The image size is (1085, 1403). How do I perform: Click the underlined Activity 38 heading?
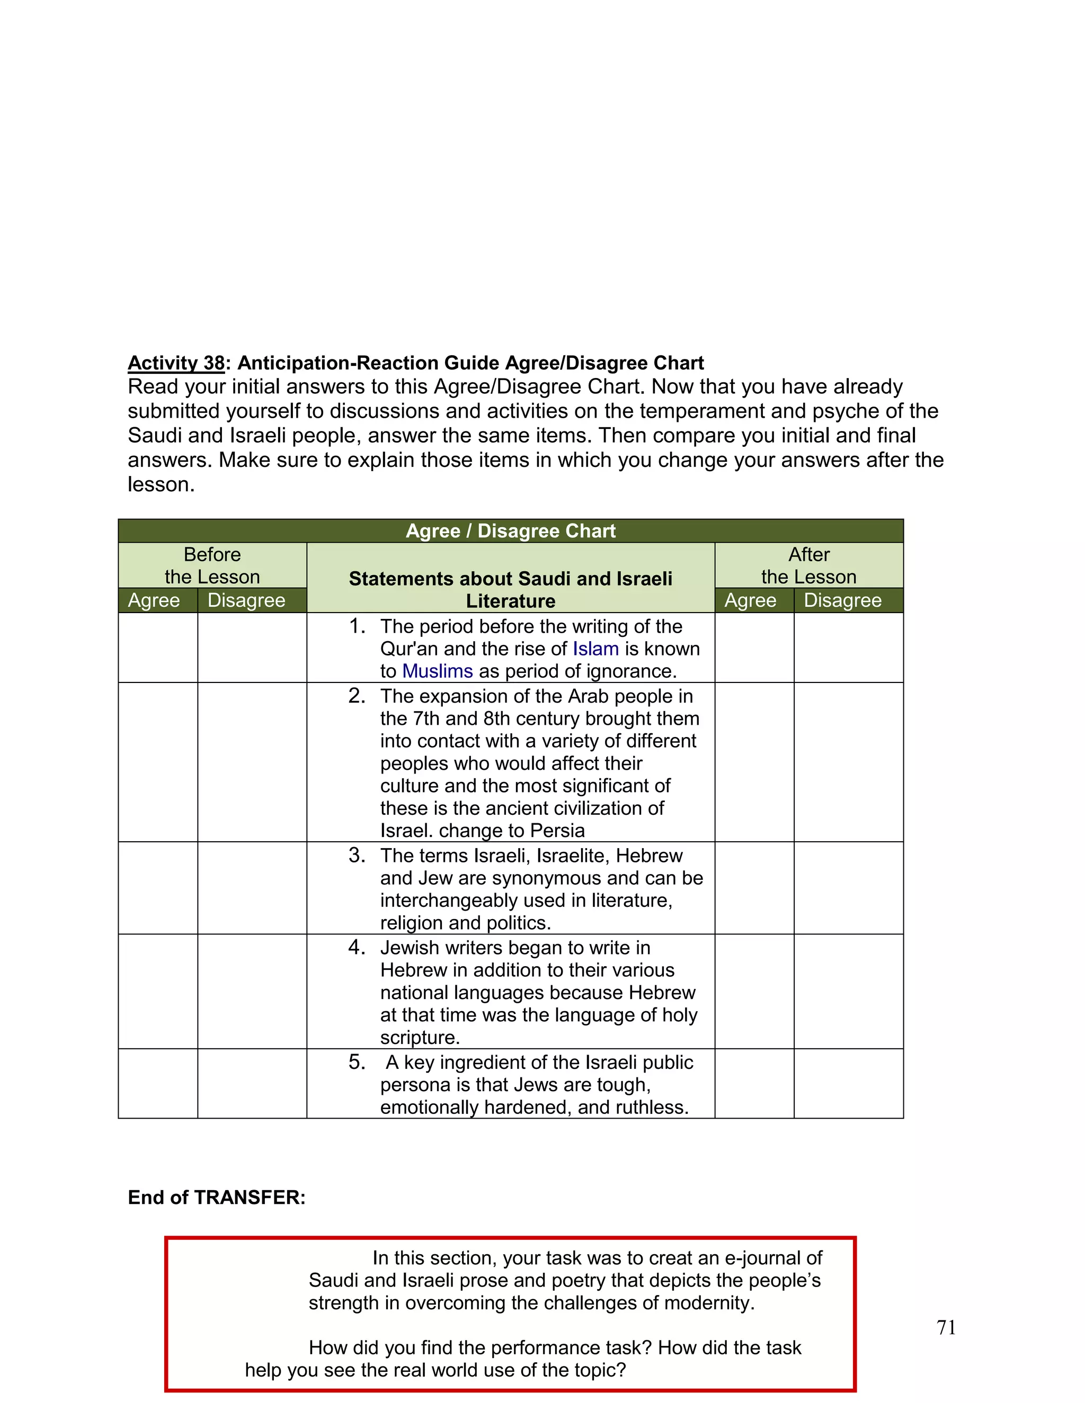point(176,363)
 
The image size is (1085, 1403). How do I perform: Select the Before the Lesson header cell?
point(212,565)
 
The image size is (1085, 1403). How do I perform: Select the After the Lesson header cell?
point(808,565)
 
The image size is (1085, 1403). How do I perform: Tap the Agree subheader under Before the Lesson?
point(154,600)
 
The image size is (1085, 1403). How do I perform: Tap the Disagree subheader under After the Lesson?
point(843,600)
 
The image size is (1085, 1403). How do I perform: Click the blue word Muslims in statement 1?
point(437,671)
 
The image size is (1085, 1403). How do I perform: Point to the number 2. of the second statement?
point(357,696)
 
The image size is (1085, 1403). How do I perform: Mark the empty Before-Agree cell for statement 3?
point(157,888)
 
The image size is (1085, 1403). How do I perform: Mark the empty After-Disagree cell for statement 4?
point(849,991)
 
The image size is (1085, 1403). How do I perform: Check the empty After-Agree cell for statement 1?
point(754,647)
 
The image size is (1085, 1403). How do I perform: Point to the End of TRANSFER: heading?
point(217,1198)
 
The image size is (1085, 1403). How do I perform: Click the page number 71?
point(946,1327)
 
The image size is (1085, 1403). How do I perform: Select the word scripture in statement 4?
point(419,1038)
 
